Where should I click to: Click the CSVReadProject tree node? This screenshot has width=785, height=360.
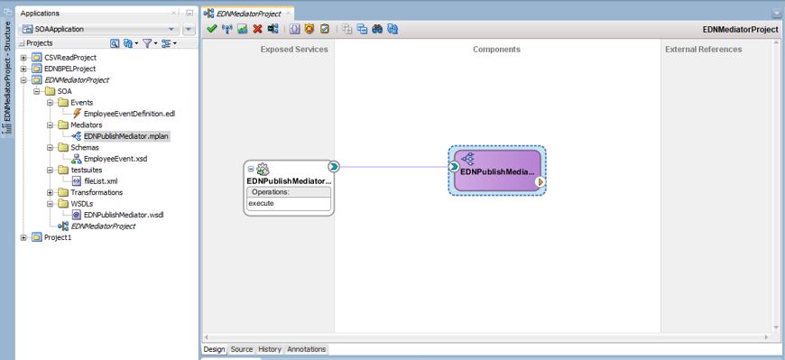point(69,58)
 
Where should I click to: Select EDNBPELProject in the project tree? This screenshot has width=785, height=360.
point(69,69)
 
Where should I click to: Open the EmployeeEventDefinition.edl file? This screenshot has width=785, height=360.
point(129,114)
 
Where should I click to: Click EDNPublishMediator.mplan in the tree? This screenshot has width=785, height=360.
point(125,136)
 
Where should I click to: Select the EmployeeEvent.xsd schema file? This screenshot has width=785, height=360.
point(115,159)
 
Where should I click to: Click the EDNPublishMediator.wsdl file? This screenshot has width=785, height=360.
point(123,215)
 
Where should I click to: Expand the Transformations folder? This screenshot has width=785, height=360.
point(51,192)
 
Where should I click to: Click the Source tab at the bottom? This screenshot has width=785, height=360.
point(242,349)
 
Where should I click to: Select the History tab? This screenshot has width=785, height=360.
point(270,349)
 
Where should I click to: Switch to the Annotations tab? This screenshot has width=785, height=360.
point(307,349)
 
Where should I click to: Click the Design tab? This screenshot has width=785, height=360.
point(214,349)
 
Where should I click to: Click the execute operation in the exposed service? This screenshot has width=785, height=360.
point(262,204)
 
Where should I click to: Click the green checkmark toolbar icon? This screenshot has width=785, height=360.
point(212,29)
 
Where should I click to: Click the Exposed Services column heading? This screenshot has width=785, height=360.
point(294,50)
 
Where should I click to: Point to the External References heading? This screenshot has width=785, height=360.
point(703,50)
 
